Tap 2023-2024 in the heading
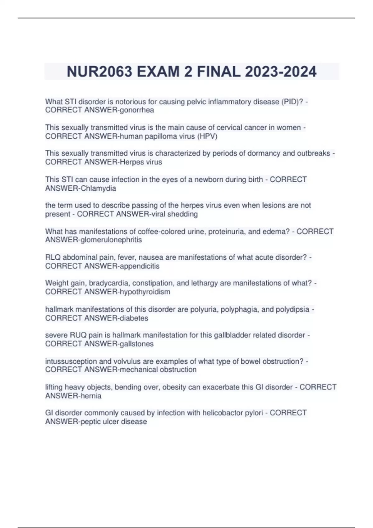281,72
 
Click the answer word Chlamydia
98,188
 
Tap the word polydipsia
292,309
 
